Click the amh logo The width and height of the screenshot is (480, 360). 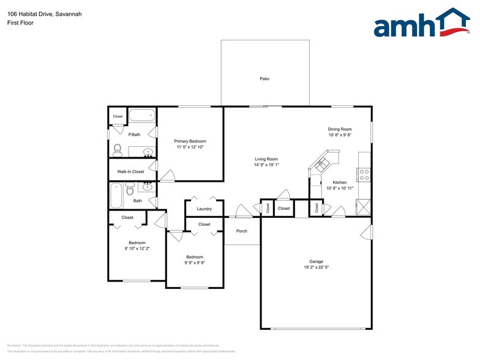click(422, 23)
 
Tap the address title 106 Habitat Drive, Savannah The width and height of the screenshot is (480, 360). click(45, 13)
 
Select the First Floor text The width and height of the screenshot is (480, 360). click(20, 23)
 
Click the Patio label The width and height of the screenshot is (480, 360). click(264, 79)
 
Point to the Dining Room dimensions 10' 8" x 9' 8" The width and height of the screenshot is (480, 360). click(340, 135)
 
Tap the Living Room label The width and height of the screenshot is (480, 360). click(266, 159)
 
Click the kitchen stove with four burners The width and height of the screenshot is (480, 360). click(364, 174)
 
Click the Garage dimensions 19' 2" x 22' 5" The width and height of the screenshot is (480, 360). click(316, 268)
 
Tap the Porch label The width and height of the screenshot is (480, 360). click(242, 231)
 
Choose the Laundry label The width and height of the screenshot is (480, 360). click(204, 209)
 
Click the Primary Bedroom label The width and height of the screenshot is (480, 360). click(190, 141)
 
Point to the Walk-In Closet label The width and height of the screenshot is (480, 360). click(130, 171)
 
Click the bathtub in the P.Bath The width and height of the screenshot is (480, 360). click(143, 115)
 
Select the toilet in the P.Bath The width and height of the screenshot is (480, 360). click(118, 149)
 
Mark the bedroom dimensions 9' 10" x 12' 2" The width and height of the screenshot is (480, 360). click(137, 249)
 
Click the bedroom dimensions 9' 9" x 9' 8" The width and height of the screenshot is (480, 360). click(195, 263)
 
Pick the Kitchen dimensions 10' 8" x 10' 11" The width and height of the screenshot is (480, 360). click(340, 189)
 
